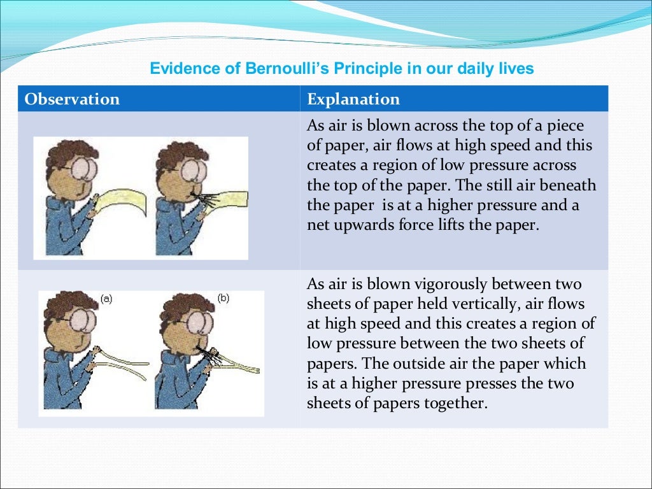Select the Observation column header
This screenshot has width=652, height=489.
[x=72, y=99]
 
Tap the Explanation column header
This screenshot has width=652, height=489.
[x=353, y=99]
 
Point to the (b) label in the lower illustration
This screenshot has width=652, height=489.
[x=223, y=297]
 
